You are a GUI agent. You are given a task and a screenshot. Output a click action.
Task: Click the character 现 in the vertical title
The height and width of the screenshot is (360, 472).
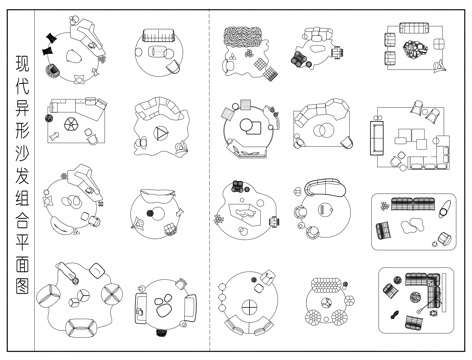pyautogui.click(x=22, y=63)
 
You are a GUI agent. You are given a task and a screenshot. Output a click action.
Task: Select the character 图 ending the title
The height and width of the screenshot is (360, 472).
pyautogui.click(x=22, y=286)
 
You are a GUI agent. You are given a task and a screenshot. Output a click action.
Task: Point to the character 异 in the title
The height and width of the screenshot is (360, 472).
pyautogui.click(x=22, y=108)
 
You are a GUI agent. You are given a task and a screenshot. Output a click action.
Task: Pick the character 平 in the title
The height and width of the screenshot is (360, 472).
pyautogui.click(x=22, y=242)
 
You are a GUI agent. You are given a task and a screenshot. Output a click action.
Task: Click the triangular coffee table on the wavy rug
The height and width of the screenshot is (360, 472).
pyautogui.click(x=161, y=133)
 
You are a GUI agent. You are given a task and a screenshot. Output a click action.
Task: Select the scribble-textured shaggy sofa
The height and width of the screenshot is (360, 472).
pyautogui.click(x=242, y=37)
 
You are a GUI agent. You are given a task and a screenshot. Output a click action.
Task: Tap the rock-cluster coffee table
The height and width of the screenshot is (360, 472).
pyautogui.click(x=415, y=49)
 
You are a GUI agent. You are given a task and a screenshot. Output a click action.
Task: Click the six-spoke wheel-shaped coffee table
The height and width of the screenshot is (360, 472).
pyautogui.click(x=71, y=125)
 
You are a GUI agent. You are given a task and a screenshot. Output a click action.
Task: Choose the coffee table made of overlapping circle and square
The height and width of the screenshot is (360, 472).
pyautogui.click(x=251, y=127)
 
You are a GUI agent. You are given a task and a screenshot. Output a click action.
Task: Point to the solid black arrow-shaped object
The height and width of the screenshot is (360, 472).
pyautogui.click(x=394, y=314)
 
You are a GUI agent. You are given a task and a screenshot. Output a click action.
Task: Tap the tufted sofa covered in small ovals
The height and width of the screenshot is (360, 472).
pyautogui.click(x=326, y=285)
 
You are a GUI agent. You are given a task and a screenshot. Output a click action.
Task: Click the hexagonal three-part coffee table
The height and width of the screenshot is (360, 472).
pyautogui.click(x=79, y=297)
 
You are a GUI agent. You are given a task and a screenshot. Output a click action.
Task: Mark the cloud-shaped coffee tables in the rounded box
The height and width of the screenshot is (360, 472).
pyautogui.click(x=413, y=226)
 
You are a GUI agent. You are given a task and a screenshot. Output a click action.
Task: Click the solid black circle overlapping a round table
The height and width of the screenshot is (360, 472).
pyautogui.click(x=151, y=213)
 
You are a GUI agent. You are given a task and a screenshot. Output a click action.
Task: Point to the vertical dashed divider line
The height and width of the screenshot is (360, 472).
pyautogui.click(x=209, y=180)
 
